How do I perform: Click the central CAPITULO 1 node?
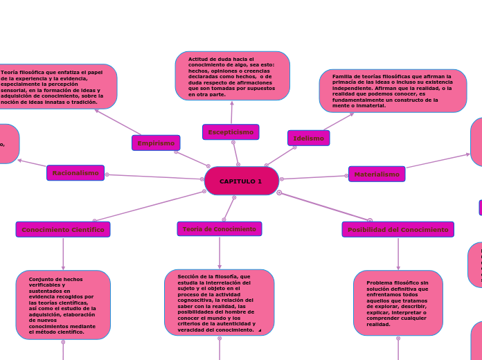click(242, 181)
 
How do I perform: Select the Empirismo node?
click(156, 143)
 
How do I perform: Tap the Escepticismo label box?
click(231, 132)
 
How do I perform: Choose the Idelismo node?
click(308, 138)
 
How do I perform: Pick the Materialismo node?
click(377, 174)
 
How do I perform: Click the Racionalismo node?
click(75, 173)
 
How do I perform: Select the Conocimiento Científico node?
click(63, 229)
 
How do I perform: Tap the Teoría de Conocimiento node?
click(220, 229)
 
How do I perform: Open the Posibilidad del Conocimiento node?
click(398, 230)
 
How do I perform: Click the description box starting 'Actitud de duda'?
click(232, 76)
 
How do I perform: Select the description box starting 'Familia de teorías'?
click(392, 91)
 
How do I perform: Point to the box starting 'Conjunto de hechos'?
click(63, 305)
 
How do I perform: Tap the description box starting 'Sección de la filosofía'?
click(219, 303)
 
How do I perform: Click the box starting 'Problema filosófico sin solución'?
click(398, 303)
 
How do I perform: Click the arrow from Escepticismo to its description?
click(232, 113)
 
